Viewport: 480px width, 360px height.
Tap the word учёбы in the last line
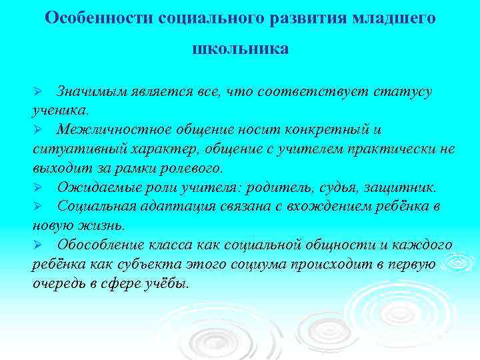pyautogui.click(x=167, y=283)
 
